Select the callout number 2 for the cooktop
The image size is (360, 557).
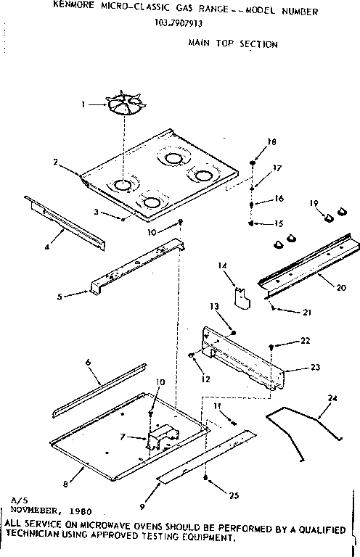click(55, 162)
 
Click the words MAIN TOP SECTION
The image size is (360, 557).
click(232, 44)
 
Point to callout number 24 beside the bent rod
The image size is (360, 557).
click(332, 397)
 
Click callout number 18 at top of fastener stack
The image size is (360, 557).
click(272, 143)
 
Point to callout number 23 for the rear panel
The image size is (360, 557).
click(314, 367)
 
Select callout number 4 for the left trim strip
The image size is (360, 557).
click(46, 247)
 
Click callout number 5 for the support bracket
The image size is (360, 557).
click(60, 295)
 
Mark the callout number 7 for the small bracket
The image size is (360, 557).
click(121, 437)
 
